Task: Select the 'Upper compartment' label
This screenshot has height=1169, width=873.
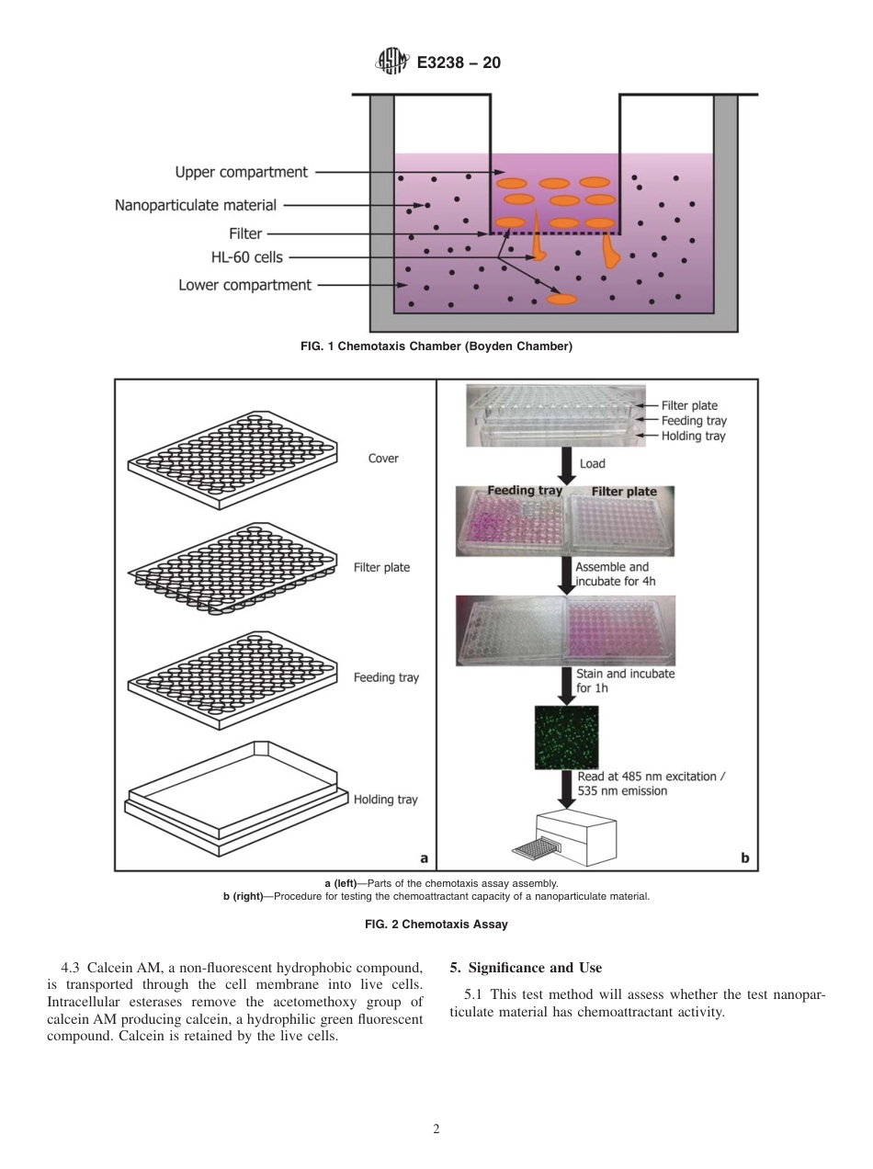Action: [x=241, y=172]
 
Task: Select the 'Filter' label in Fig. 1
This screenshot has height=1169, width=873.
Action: [x=245, y=233]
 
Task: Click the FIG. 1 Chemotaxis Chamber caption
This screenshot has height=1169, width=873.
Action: [x=436, y=346]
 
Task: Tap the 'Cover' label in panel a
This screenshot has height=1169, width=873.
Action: [x=383, y=459]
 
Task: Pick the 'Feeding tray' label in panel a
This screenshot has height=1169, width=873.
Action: [x=386, y=677]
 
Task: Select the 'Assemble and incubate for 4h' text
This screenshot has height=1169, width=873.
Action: [x=611, y=573]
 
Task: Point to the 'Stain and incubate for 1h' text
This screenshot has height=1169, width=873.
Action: [x=625, y=680]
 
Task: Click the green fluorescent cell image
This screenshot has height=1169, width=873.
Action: [x=566, y=737]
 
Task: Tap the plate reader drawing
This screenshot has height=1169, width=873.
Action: [x=566, y=836]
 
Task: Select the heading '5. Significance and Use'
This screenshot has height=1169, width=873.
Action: [x=526, y=968]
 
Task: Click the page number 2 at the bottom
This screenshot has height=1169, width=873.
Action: [x=436, y=1129]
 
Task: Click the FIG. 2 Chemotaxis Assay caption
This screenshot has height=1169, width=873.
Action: [x=436, y=925]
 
